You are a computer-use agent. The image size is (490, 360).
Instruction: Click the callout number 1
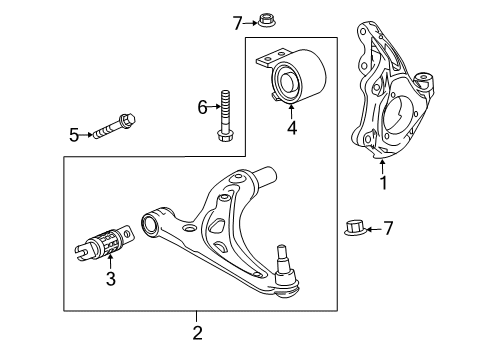tap(381, 183)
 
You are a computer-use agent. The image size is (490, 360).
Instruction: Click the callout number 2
tap(197, 332)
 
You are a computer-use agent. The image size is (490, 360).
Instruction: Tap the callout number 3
tap(111, 280)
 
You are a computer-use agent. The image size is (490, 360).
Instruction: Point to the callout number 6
tap(201, 106)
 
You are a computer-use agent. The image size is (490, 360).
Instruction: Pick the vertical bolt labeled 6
tap(225, 117)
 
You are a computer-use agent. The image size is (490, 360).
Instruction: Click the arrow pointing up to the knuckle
tap(381, 163)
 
